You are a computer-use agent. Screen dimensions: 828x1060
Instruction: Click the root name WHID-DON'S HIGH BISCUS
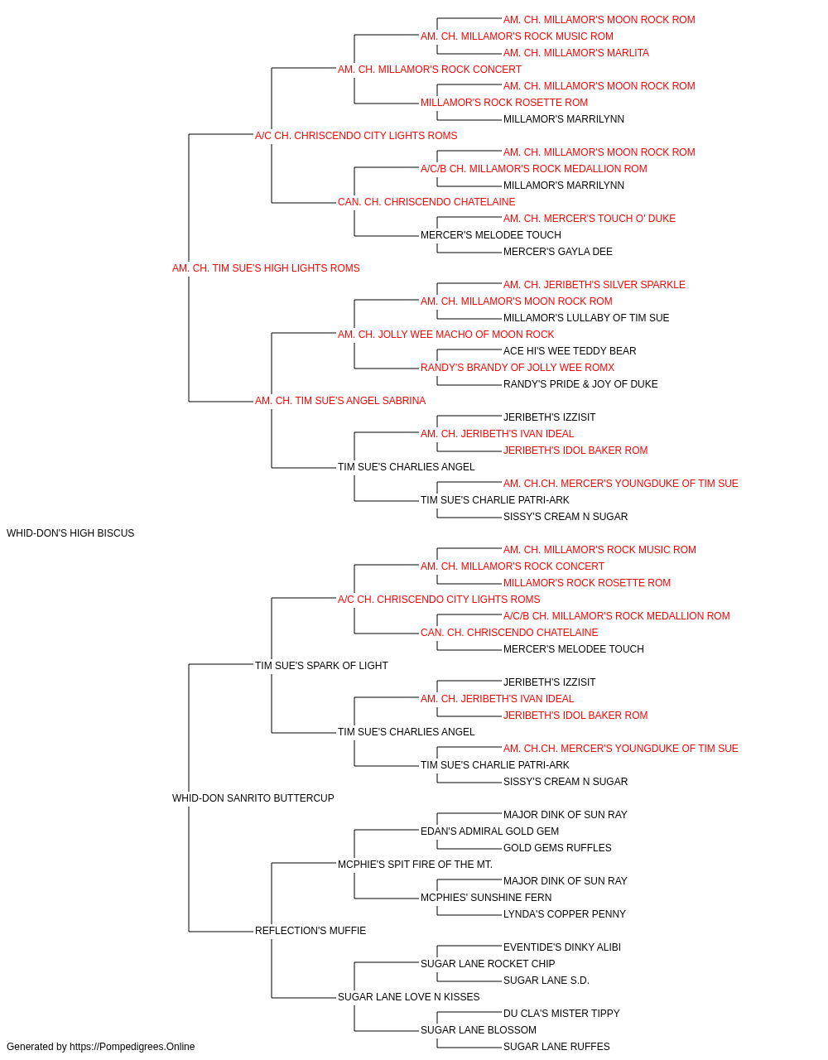pos(70,533)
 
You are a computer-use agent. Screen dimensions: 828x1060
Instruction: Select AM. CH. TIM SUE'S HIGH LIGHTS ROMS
pos(266,268)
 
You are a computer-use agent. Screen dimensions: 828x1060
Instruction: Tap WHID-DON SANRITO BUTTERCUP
pos(253,798)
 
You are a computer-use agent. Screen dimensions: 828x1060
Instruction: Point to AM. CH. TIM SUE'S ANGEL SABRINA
pos(339,401)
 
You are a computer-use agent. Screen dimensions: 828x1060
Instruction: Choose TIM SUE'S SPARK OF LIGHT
pos(321,665)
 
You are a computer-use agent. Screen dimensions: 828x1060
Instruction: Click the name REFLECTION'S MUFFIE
pos(310,930)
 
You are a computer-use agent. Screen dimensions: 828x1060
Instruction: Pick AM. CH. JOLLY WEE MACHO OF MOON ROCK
pos(445,334)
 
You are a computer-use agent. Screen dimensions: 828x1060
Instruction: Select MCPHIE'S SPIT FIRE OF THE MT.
pos(415,865)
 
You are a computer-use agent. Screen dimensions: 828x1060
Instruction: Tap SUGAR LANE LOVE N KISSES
pos(409,996)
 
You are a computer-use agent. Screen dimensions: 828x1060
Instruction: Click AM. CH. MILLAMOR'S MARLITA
pos(576,53)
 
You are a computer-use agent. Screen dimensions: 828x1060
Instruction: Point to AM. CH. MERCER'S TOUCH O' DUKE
pos(589,219)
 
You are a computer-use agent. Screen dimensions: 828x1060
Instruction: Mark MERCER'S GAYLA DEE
pos(557,252)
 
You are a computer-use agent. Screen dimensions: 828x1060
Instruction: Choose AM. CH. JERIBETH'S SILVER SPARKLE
pos(594,285)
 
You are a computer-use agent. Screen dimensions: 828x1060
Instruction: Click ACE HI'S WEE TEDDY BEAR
pos(570,351)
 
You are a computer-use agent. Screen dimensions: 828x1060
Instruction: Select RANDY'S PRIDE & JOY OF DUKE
pos(580,384)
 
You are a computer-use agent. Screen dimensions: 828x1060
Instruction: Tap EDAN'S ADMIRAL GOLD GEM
pos(489,831)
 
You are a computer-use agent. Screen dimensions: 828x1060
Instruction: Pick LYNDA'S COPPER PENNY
pos(564,914)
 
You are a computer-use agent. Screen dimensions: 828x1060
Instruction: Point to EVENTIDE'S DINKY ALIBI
pos(561,947)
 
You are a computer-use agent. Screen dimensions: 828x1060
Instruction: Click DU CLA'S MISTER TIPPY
pos(561,1013)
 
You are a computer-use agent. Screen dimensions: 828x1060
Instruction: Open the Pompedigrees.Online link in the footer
pos(132,1047)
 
